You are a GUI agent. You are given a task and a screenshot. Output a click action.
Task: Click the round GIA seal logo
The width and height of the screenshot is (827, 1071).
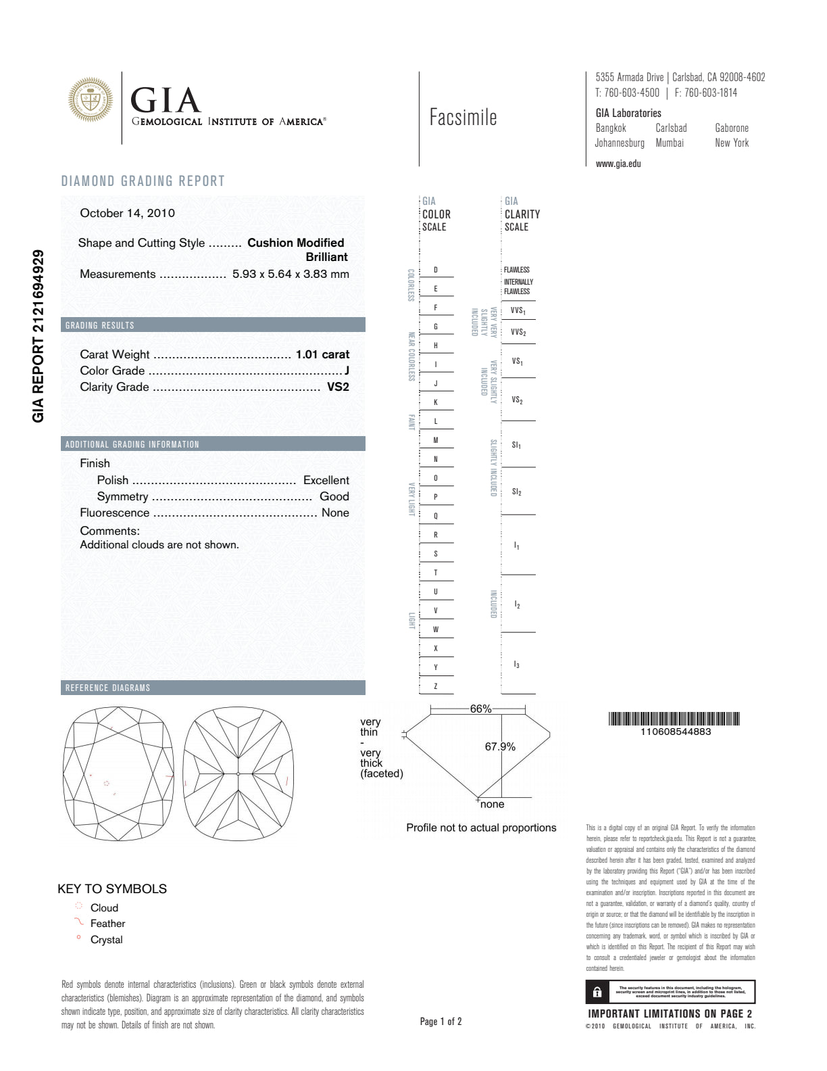click(x=91, y=100)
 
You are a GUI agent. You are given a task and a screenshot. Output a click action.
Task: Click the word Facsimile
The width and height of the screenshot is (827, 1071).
click(x=463, y=118)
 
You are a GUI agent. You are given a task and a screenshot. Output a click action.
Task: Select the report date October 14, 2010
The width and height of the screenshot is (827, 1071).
click(x=127, y=213)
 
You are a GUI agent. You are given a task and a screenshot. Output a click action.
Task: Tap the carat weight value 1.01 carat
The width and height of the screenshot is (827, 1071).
click(x=322, y=354)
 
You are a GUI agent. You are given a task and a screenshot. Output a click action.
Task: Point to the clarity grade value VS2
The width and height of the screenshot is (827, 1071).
click(x=338, y=387)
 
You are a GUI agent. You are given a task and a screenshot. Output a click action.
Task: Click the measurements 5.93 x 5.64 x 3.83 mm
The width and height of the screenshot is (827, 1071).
click(x=291, y=274)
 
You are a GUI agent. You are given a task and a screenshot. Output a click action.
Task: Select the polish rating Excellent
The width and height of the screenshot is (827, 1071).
click(x=326, y=480)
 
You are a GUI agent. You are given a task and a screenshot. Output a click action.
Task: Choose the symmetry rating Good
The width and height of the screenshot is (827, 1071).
click(x=334, y=496)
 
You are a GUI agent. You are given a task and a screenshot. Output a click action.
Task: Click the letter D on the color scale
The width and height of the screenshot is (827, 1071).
click(x=436, y=270)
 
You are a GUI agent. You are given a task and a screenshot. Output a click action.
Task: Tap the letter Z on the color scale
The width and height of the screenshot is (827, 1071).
click(x=436, y=686)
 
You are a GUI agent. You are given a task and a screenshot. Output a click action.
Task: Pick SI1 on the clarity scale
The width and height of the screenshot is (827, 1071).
click(x=516, y=445)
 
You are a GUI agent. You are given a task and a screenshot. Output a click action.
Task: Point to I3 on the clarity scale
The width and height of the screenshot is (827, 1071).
click(x=517, y=665)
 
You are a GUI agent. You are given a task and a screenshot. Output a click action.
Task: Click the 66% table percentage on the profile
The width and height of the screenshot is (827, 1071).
click(x=480, y=709)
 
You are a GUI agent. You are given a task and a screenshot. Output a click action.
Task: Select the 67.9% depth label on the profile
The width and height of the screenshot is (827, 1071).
click(x=500, y=746)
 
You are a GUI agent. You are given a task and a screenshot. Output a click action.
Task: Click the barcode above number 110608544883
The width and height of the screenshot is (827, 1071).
click(x=674, y=719)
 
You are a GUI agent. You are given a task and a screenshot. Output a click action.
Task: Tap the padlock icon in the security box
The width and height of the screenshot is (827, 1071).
click(x=597, y=992)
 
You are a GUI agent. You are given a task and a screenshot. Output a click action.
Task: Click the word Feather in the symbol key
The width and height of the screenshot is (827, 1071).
click(x=107, y=924)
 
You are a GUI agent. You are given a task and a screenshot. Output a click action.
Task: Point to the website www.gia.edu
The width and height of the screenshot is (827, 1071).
click(x=618, y=164)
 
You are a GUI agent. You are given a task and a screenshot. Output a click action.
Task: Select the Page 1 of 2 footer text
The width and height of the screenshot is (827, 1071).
click(x=441, y=1022)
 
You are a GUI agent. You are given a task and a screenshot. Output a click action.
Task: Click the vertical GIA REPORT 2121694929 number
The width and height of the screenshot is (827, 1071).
click(x=39, y=336)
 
